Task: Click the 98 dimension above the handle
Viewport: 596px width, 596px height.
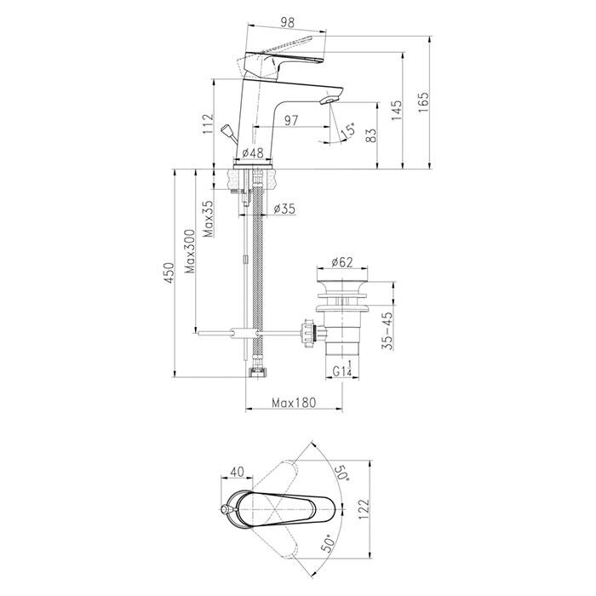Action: pyautogui.click(x=288, y=23)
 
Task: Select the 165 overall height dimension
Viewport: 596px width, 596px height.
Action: pyautogui.click(x=423, y=102)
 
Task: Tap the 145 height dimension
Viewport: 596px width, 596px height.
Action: pyautogui.click(x=397, y=111)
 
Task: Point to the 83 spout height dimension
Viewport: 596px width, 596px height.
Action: pyautogui.click(x=372, y=135)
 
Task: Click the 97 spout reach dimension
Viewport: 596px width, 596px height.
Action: pyautogui.click(x=291, y=121)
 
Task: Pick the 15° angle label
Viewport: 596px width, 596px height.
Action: pyautogui.click(x=348, y=131)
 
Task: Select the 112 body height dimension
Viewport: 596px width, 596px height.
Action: pyautogui.click(x=208, y=124)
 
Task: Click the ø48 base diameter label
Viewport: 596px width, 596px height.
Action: pyautogui.click(x=252, y=152)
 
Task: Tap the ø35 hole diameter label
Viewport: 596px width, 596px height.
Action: pyautogui.click(x=284, y=209)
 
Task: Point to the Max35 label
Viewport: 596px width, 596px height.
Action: pyautogui.click(x=208, y=219)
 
